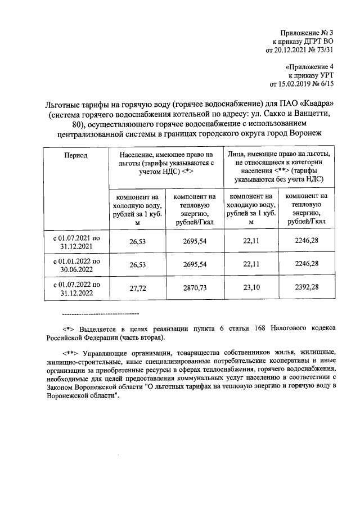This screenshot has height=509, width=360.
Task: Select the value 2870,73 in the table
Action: click(195, 287)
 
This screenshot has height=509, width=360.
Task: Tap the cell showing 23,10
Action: click(250, 287)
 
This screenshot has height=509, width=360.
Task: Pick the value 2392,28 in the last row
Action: click(307, 287)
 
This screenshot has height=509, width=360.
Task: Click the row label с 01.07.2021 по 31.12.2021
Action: click(76, 242)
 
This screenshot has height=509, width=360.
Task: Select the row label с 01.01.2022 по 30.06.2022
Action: click(76, 265)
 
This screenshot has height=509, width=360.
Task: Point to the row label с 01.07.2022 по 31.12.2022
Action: click(76, 288)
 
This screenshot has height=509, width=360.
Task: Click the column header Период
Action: click(75, 155)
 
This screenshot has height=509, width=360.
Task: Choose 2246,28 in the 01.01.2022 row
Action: click(307, 264)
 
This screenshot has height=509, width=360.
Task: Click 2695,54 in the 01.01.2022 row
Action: click(195, 264)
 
